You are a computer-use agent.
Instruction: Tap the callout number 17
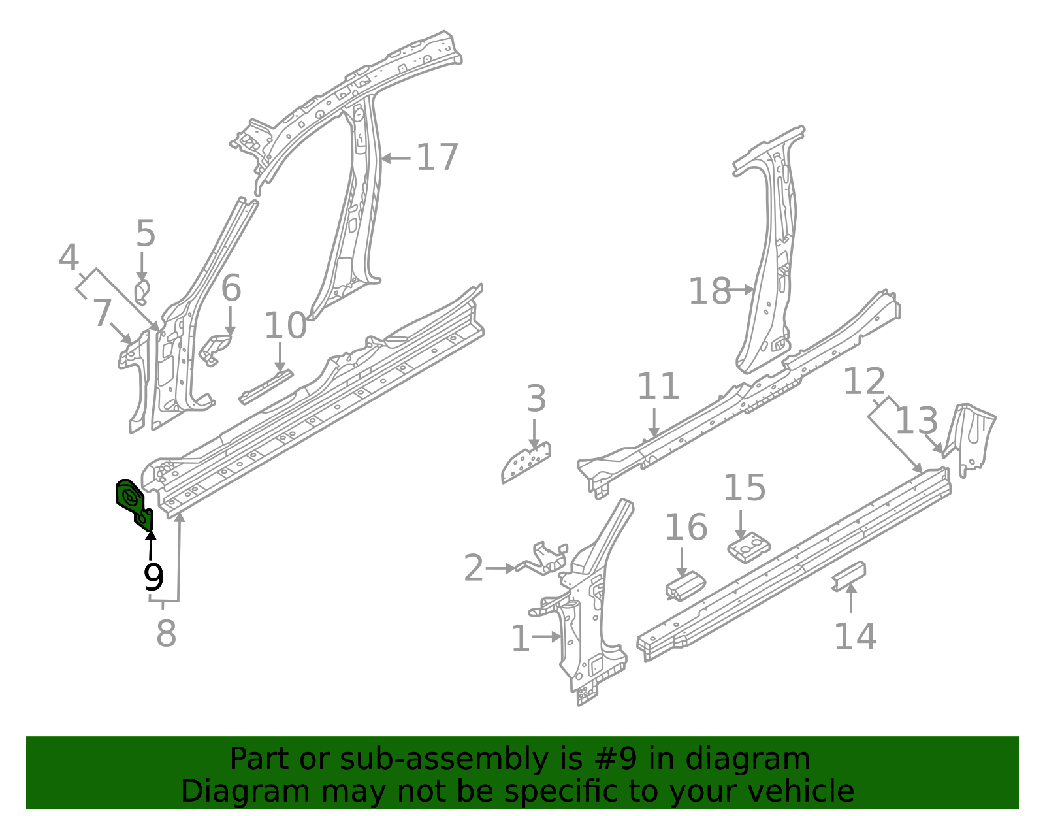(x=437, y=158)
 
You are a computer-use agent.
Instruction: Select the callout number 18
(x=709, y=291)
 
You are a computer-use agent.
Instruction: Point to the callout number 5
(x=146, y=234)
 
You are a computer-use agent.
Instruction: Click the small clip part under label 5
(x=142, y=292)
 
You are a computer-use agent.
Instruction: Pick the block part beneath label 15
(x=748, y=547)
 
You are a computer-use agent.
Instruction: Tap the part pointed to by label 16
(x=684, y=585)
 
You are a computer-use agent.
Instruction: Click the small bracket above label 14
(x=849, y=576)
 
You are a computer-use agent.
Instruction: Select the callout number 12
(x=864, y=382)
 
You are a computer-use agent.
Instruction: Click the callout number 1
(x=520, y=638)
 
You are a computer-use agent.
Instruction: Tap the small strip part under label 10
(x=266, y=387)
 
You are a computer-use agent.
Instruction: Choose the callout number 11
(x=658, y=386)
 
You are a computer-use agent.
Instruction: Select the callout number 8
(x=166, y=633)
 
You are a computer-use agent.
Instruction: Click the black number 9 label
(x=153, y=577)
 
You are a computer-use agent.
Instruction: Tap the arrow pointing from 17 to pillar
(x=396, y=158)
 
